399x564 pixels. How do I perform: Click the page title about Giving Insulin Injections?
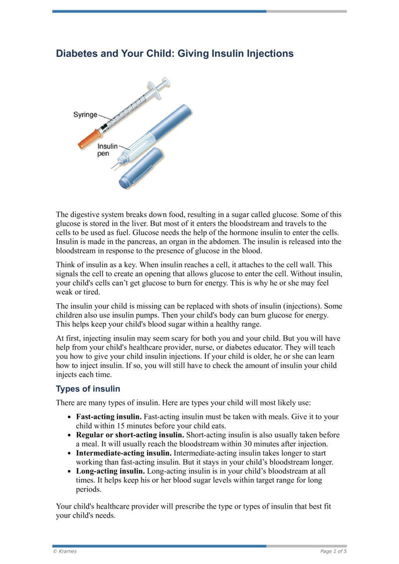(x=175, y=53)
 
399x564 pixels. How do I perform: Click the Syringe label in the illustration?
(x=85, y=115)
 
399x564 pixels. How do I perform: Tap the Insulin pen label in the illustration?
(x=107, y=150)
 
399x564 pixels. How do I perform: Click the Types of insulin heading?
(x=88, y=388)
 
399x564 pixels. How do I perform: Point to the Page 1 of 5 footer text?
(x=333, y=551)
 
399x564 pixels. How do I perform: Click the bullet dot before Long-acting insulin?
(x=69, y=471)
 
